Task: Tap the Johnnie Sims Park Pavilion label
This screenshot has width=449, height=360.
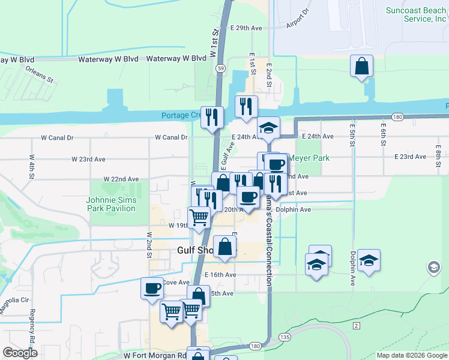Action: point(110,204)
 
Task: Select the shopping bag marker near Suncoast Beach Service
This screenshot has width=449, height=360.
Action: point(362,67)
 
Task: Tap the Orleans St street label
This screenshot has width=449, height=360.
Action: point(40,74)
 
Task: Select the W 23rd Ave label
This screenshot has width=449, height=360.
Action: point(88,159)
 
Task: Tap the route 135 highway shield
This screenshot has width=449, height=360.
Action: point(285,337)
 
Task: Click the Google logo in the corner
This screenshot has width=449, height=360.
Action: point(20,353)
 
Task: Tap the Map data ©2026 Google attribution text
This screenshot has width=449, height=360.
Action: point(412,355)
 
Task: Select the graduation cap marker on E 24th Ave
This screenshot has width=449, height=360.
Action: point(268,128)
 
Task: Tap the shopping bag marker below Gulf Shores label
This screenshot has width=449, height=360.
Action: point(224,247)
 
